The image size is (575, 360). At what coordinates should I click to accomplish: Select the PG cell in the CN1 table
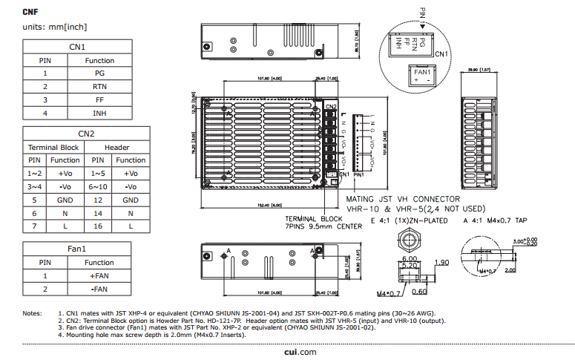(99, 73)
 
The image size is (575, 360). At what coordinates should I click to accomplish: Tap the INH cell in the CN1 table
(99, 114)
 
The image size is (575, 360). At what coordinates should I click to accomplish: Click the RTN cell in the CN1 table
(99, 87)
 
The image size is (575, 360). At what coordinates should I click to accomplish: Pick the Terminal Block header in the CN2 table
(53, 147)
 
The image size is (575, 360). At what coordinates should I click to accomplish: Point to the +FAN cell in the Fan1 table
(99, 275)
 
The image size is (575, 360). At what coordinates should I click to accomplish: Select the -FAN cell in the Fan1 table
(99, 289)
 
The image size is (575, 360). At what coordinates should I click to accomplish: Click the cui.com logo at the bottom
(300, 352)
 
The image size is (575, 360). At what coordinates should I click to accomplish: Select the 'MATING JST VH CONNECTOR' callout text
(404, 199)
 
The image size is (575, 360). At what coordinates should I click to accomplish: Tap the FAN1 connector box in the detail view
(423, 76)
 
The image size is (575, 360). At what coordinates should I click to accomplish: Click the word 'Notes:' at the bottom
(32, 314)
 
